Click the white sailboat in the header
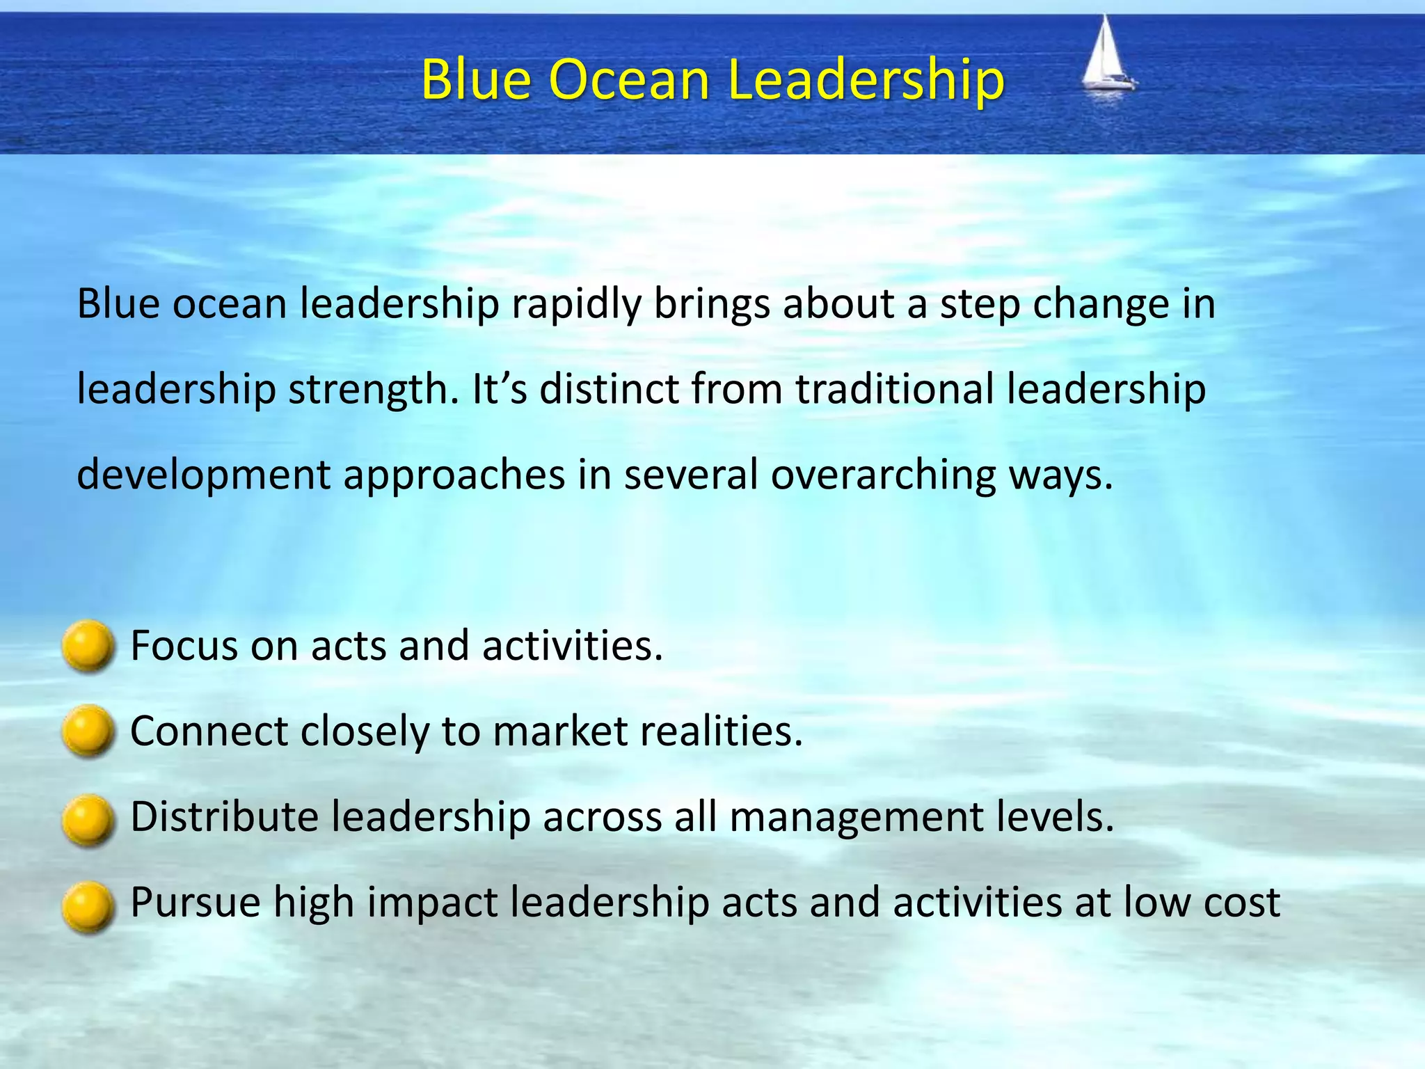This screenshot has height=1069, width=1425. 1106,56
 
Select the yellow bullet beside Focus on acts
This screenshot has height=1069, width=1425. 88,646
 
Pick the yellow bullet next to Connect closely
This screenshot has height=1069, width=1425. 88,731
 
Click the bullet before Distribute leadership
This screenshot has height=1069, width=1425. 88,819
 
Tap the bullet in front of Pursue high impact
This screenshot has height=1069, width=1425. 88,905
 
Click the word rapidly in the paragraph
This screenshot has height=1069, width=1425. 576,305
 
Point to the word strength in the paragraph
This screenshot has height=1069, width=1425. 374,390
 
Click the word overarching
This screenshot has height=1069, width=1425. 884,475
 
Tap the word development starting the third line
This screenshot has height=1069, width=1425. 203,476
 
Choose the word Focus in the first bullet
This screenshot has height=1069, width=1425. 184,645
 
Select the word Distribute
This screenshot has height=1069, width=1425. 224,816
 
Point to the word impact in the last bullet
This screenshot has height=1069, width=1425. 432,903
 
